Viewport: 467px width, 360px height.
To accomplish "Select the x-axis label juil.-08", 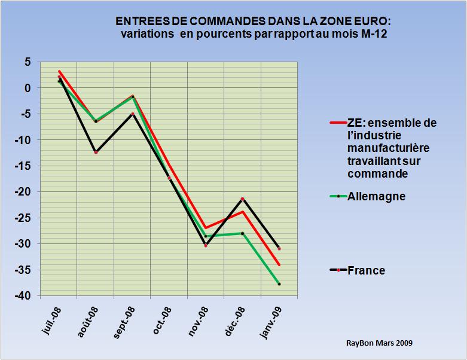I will point(52,323).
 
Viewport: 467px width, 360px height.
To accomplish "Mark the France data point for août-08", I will point(96,152).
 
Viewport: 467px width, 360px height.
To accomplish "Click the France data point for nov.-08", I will point(206,245).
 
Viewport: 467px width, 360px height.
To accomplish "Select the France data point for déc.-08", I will point(242,199).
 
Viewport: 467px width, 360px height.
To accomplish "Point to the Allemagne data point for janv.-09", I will point(279,284).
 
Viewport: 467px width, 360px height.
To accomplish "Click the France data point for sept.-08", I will point(133,114).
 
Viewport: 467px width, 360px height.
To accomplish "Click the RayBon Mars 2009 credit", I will point(379,343).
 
